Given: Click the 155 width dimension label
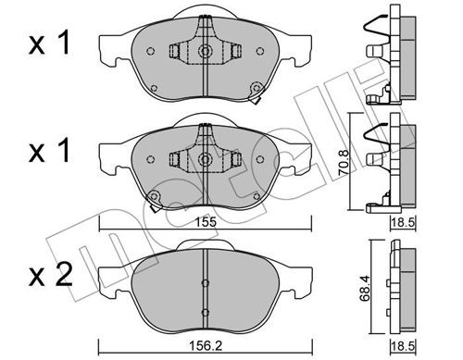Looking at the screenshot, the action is [x=206, y=222].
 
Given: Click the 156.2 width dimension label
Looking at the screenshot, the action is [x=206, y=346].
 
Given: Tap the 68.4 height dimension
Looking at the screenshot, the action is [x=366, y=289].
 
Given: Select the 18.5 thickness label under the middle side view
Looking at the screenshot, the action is [x=404, y=222].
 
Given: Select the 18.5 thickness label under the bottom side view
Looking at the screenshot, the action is [x=404, y=346].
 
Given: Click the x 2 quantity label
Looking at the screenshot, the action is [x=50, y=275].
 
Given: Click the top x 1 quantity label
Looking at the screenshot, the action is [x=49, y=44].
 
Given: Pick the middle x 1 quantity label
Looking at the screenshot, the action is [x=49, y=152].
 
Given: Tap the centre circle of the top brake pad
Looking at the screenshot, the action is [x=205, y=51].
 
